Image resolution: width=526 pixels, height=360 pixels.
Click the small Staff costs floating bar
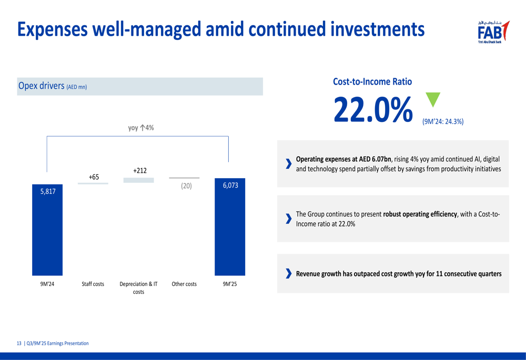[93, 183]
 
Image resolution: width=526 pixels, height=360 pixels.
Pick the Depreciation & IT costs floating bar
[139, 180]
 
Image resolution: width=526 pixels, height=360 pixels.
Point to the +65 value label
[94, 177]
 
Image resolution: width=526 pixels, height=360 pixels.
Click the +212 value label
[140, 170]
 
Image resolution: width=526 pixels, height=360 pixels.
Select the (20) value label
[186, 186]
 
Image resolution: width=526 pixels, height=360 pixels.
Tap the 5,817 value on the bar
[47, 192]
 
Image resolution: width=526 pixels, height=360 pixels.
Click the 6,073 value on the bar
[230, 186]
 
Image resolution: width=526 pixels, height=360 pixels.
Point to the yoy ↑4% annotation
[141, 128]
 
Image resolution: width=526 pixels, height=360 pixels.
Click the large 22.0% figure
[373, 110]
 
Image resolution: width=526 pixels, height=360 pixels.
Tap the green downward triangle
[432, 99]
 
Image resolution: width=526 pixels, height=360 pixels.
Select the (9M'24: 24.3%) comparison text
[442, 121]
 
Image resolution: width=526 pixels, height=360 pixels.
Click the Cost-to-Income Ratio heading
[372, 81]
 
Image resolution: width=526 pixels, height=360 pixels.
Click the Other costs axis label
[184, 284]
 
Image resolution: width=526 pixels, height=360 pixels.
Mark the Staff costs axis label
[93, 284]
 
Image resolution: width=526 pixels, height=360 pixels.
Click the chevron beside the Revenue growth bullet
[288, 274]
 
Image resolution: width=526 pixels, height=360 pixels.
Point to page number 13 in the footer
[19, 343]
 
